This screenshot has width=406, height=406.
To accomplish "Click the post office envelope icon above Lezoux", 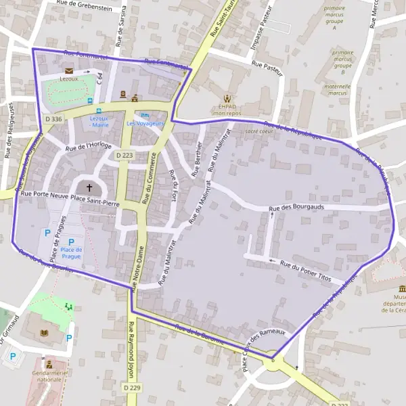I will click(x=68, y=70).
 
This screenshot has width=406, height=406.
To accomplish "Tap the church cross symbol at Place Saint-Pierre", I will click(x=89, y=187).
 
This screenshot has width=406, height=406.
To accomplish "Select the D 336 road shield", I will click(x=53, y=119).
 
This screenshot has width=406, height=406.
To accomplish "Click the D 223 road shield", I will click(x=124, y=155).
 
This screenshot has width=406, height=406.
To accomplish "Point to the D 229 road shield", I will click(x=132, y=387).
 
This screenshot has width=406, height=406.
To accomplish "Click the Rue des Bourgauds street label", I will click(x=297, y=208).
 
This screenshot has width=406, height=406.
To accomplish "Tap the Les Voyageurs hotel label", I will click(x=145, y=124).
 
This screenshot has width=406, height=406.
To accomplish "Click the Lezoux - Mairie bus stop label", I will click(x=99, y=121).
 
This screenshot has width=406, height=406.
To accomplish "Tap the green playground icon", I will click(x=68, y=307).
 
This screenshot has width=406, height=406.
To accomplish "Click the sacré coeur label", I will click(x=259, y=131).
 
